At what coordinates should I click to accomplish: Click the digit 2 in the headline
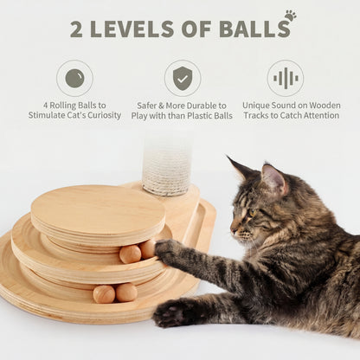click(78, 29)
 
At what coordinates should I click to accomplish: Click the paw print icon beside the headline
click(289, 16)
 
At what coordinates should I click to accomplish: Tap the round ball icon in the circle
click(74, 78)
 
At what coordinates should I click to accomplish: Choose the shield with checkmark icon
click(182, 78)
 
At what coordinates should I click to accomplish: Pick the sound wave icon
click(285, 78)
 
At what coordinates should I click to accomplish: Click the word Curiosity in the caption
click(100, 115)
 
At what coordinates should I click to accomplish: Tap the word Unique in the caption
click(259, 105)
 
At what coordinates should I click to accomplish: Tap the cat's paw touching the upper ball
click(166, 250)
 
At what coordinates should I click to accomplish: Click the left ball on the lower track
click(104, 294)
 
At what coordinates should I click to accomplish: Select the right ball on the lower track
click(126, 292)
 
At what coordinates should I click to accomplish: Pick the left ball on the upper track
click(130, 254)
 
